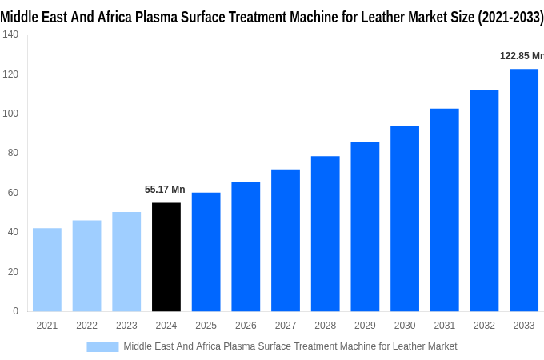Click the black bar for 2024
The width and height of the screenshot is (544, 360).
[166, 257]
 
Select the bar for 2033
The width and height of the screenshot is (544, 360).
[524, 190]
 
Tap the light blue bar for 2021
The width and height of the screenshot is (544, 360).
[47, 270]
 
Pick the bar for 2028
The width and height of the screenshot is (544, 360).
[325, 234]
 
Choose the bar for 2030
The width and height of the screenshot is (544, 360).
[405, 218]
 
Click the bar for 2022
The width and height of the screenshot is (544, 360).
[86, 266]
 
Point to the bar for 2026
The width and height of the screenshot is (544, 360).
[246, 246]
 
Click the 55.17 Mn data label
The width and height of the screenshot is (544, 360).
[165, 190]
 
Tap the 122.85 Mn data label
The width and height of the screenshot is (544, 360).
[521, 56]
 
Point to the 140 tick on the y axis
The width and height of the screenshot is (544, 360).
[10, 34]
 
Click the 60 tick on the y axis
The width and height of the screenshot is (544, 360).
[13, 193]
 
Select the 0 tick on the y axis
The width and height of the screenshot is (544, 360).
[15, 311]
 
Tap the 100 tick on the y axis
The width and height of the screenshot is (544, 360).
[10, 114]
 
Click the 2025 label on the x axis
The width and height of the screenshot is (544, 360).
[206, 326]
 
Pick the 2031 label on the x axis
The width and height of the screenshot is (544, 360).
[444, 326]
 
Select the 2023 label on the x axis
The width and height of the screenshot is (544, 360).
[126, 326]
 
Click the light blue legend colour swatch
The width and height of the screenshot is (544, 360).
[102, 346]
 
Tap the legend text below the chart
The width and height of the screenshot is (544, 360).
[290, 346]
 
